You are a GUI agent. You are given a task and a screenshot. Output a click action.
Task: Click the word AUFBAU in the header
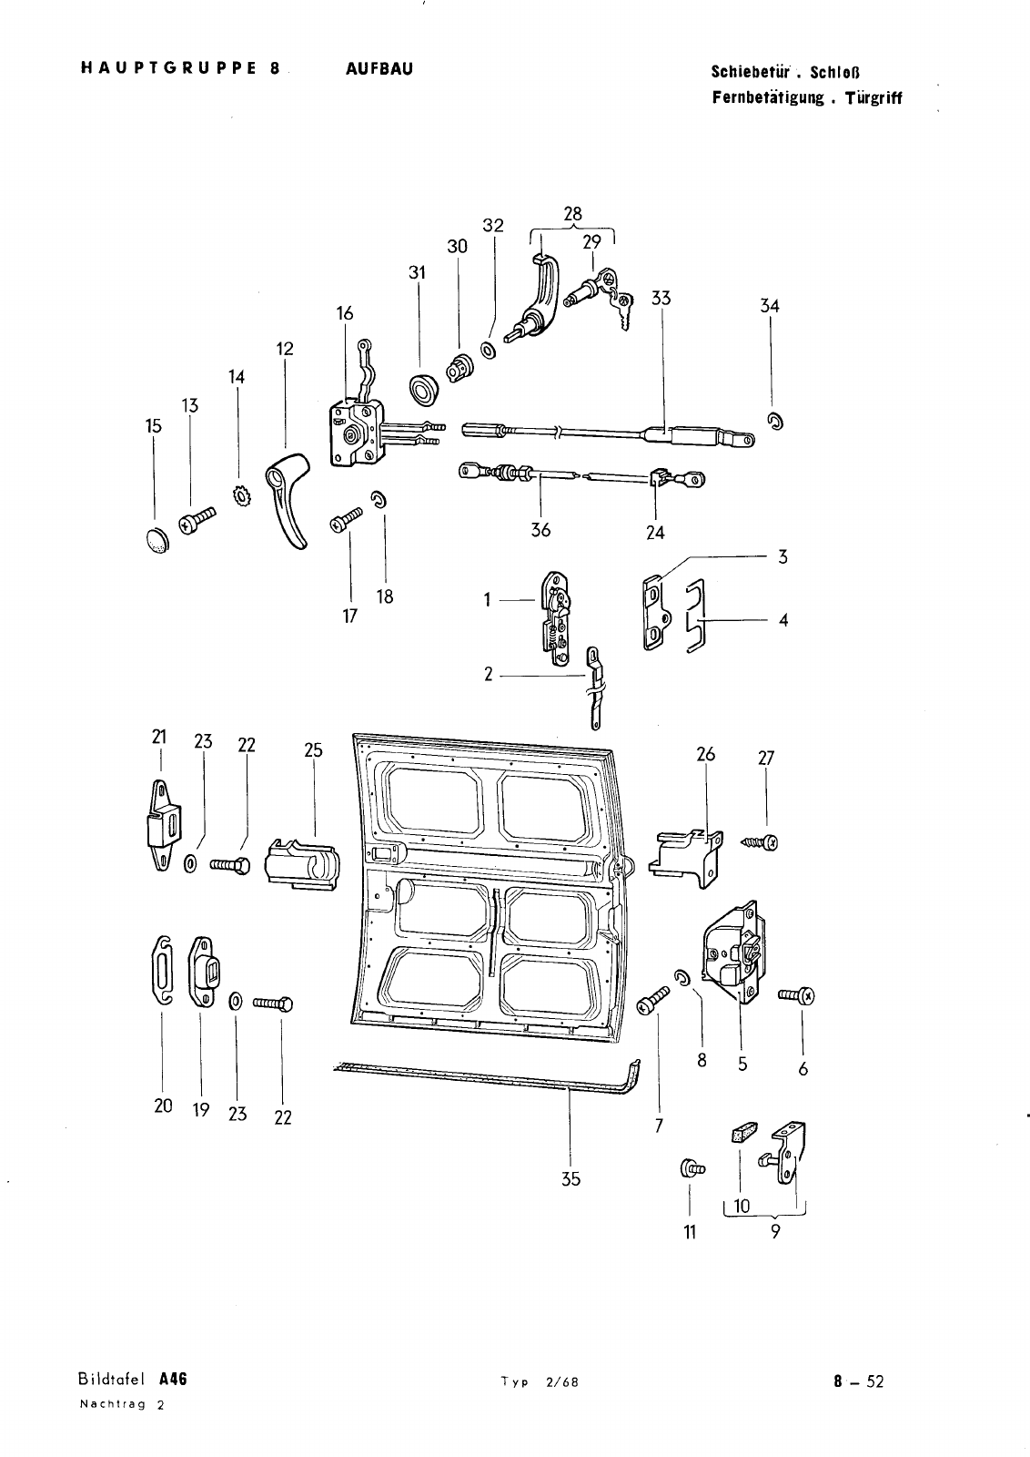(x=379, y=68)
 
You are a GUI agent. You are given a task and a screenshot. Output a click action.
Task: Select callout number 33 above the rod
(x=661, y=298)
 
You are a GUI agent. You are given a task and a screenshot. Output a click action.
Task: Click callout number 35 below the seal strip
(x=571, y=1179)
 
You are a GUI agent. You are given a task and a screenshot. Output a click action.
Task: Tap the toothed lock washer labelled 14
(x=241, y=497)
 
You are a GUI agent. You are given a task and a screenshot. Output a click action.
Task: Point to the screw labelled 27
(x=760, y=842)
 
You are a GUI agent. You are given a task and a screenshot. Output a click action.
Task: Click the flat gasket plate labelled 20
(x=162, y=972)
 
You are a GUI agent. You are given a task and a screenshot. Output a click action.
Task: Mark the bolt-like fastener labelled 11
(x=690, y=1167)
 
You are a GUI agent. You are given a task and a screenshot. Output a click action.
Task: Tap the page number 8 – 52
(x=858, y=1381)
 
